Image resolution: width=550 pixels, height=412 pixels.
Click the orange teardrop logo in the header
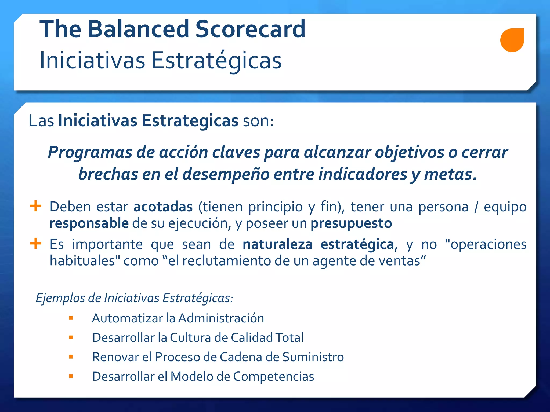tap(512, 40)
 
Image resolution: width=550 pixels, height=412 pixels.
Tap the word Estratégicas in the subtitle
tap(216, 60)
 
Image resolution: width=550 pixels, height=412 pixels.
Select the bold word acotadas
tap(163, 207)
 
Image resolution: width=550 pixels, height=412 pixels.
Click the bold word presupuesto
tap(351, 223)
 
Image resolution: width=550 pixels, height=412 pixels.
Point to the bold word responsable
tap(89, 223)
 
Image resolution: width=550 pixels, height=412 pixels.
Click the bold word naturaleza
tap(277, 244)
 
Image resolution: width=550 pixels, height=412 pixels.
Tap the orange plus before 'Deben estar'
tap(35, 206)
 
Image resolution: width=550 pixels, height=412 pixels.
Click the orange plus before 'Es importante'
tap(35, 244)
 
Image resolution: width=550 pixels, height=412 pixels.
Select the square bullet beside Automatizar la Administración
tap(71, 318)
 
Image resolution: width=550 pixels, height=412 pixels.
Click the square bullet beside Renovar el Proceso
tap(71, 357)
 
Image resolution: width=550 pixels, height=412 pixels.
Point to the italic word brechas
tap(108, 174)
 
